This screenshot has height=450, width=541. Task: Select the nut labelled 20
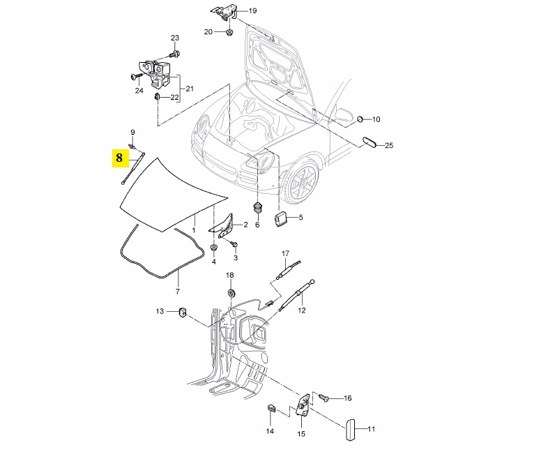coord(229,33)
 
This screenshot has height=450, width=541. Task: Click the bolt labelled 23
coord(174,53)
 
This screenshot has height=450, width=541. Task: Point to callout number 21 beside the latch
coord(188,88)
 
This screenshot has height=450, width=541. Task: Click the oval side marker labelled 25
coord(369,143)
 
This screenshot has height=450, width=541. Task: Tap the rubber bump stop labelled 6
coord(257,209)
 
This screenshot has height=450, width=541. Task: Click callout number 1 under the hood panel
coord(194,230)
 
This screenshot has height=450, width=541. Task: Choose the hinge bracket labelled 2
coord(223,225)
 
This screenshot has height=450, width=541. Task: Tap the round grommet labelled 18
coord(231,291)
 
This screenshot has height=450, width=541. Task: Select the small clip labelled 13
coord(182,311)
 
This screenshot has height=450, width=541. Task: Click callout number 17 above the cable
coord(284,253)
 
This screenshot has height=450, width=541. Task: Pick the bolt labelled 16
coord(324,396)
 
